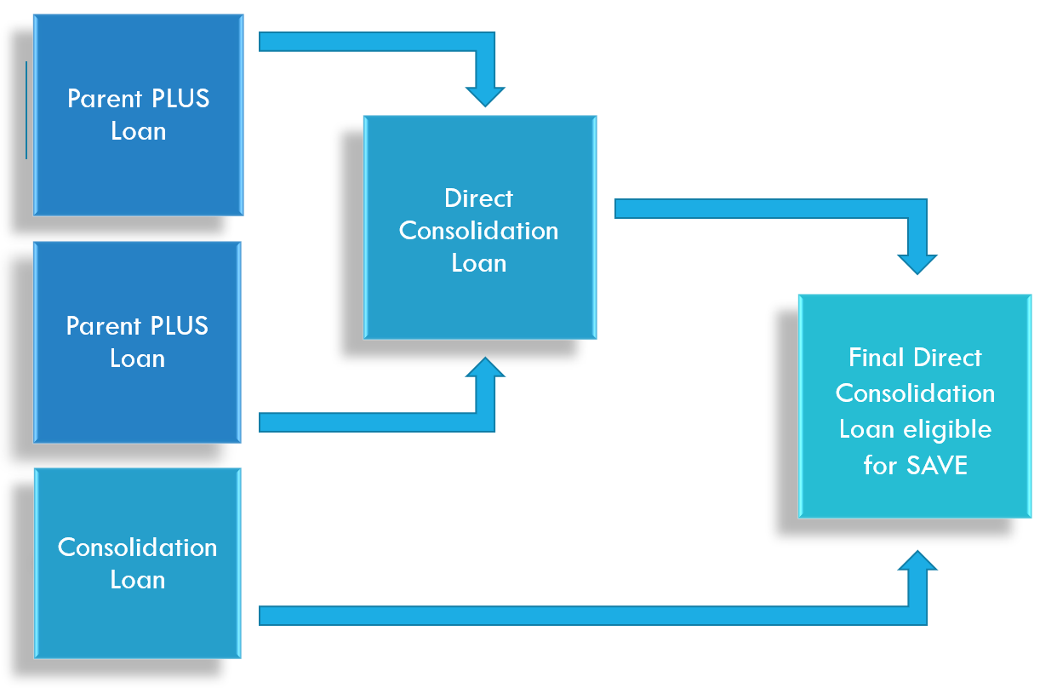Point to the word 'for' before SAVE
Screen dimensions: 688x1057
click(879, 466)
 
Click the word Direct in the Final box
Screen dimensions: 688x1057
click(949, 358)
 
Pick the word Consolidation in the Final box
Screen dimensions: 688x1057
click(915, 393)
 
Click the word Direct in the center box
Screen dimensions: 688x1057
click(479, 198)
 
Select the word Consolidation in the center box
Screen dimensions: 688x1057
click(479, 231)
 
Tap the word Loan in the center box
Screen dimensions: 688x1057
click(479, 263)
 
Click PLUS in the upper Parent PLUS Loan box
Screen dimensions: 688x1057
click(180, 99)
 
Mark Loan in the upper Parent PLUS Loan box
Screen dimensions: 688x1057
click(138, 131)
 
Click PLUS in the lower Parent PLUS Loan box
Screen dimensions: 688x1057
click(179, 326)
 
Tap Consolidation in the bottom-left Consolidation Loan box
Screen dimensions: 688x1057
click(138, 548)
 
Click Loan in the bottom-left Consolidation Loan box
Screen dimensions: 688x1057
click(138, 580)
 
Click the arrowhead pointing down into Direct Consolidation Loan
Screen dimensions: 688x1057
click(485, 94)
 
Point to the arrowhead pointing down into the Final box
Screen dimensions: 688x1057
click(917, 262)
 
